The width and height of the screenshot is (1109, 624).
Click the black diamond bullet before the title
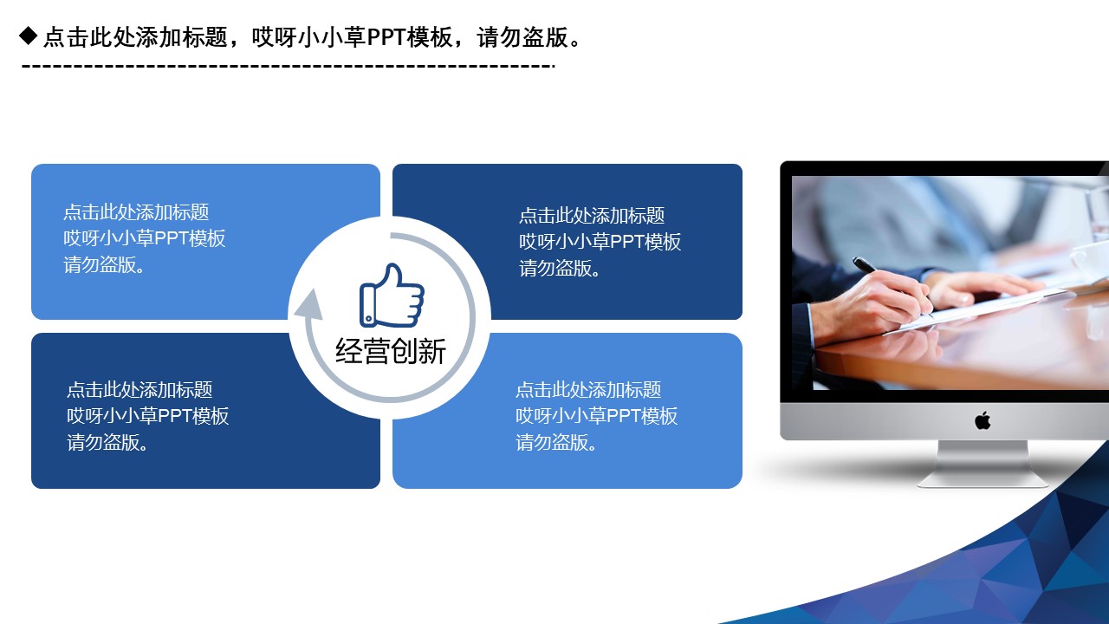click(29, 36)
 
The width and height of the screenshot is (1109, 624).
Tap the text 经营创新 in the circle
click(391, 351)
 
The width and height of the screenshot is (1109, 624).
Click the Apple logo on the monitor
click(982, 421)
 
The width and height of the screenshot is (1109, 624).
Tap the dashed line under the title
click(286, 66)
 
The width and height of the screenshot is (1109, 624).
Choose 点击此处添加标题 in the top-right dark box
click(592, 216)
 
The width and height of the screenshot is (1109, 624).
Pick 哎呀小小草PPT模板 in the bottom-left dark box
click(148, 416)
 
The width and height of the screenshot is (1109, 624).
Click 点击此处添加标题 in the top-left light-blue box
click(136, 212)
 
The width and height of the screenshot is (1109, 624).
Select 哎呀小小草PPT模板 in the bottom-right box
click(597, 416)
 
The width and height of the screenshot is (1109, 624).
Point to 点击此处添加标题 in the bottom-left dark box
click(139, 390)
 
